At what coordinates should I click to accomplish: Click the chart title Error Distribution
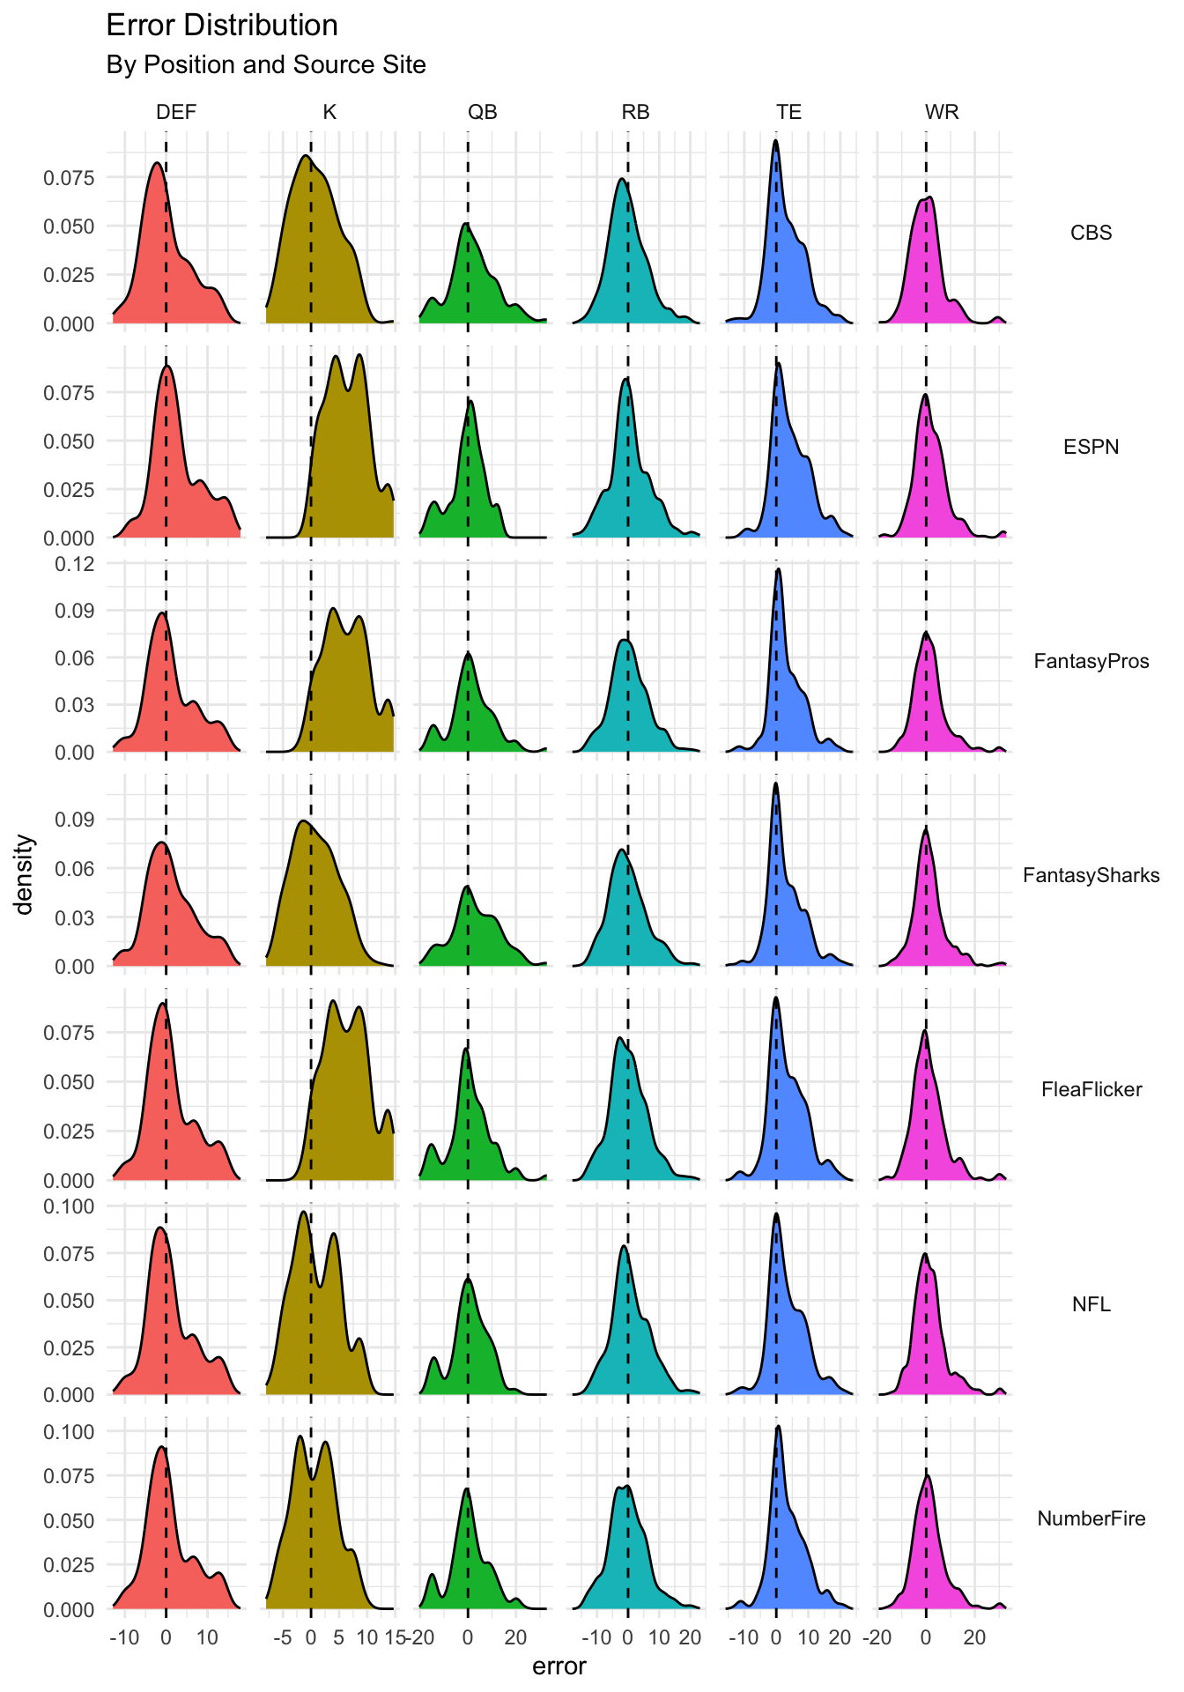[221, 26]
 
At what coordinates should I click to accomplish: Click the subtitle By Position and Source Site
[265, 65]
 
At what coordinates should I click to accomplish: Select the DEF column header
[176, 112]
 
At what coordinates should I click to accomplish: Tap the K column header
[329, 112]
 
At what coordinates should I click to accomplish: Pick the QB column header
[482, 112]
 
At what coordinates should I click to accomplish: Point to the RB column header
[635, 112]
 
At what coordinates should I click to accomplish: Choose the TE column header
[788, 112]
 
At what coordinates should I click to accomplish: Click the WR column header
[942, 112]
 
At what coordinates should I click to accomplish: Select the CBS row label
[1091, 233]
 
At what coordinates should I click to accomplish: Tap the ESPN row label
[1091, 447]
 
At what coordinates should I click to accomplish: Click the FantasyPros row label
[1091, 661]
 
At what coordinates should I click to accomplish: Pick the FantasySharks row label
[1091, 875]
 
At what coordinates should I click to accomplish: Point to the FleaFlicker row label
[1091, 1089]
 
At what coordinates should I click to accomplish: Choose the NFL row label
[1091, 1303]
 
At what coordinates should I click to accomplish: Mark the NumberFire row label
[1091, 1518]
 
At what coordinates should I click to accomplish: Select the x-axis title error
[559, 1666]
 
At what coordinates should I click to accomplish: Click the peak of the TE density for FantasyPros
[778, 569]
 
